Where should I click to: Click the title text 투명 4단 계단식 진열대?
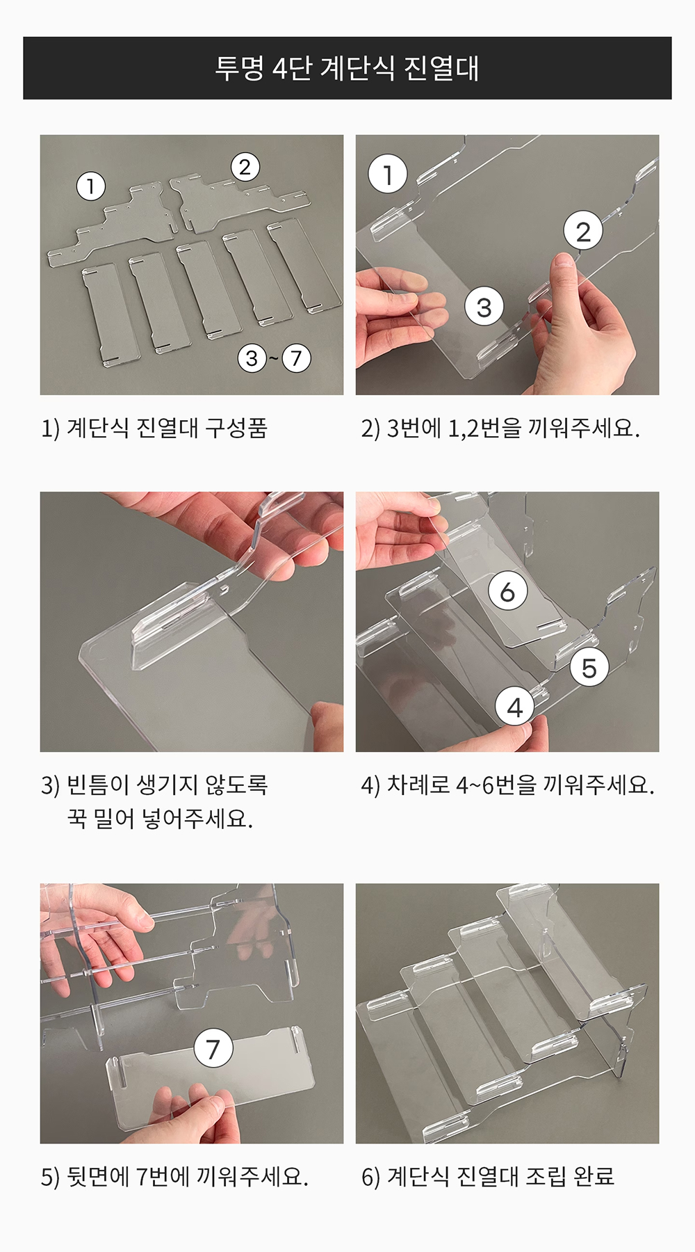[347, 68]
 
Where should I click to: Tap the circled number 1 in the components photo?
[90, 186]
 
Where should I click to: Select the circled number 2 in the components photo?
[245, 167]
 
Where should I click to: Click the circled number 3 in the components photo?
[252, 358]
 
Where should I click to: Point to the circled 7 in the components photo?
[296, 358]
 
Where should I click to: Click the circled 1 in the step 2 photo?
[388, 174]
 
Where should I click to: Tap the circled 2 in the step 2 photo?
[583, 231]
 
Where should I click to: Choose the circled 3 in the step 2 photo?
[484, 307]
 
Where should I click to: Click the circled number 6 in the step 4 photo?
[507, 591]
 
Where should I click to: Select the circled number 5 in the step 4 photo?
[589, 668]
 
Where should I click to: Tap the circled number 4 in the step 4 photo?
[514, 707]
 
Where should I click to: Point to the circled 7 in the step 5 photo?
[213, 1048]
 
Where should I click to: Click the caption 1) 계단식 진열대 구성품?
[154, 428]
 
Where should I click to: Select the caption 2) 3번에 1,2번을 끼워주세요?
[500, 428]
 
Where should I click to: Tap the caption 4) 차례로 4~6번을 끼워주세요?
[508, 785]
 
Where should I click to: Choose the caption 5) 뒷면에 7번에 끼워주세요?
[174, 1176]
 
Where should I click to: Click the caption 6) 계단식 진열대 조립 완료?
[488, 1176]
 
